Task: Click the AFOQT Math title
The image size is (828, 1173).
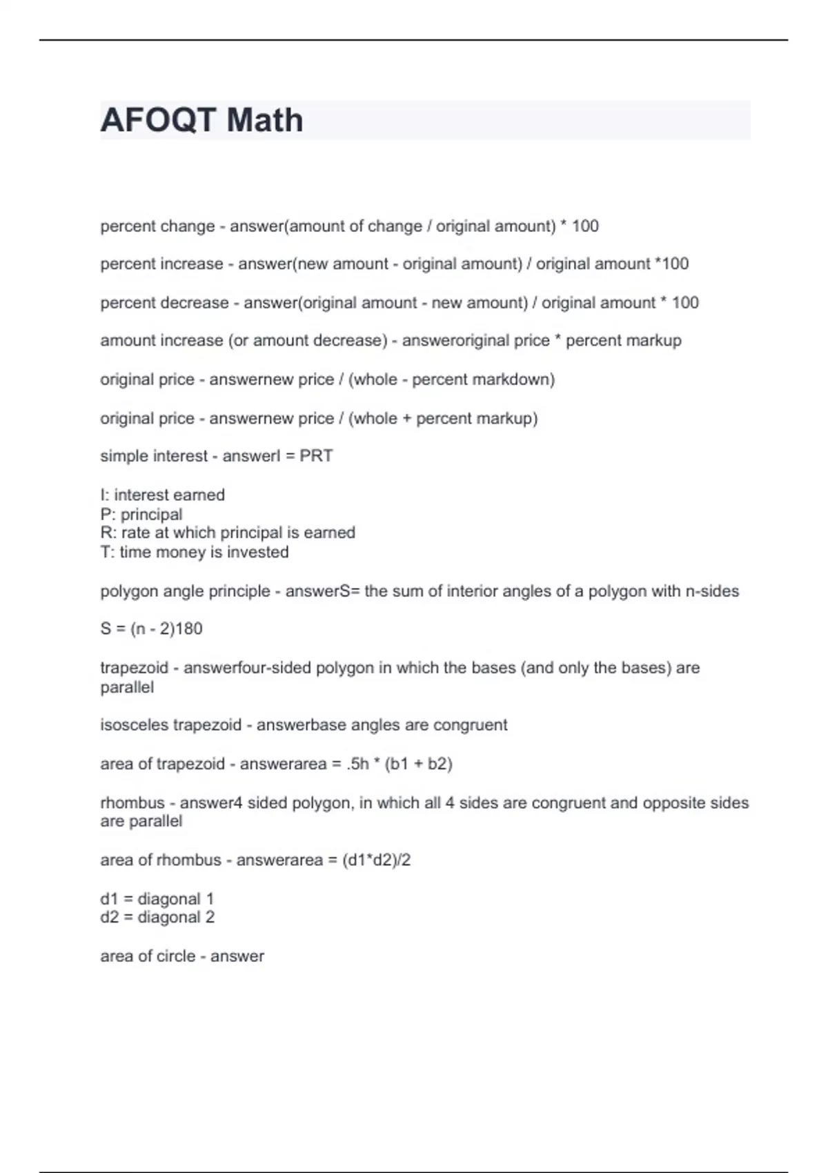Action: coord(201,120)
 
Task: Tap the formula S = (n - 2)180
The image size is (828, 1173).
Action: coord(151,629)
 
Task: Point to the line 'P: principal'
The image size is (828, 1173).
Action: coord(141,514)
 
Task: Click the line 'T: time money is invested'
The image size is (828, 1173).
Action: coord(195,552)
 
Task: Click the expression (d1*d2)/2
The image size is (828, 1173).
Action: coord(376,860)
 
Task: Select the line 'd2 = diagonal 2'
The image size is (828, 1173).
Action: coord(157,917)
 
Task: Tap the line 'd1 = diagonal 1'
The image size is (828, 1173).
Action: coord(157,899)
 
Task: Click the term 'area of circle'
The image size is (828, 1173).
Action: coord(148,956)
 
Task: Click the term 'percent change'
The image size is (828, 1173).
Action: coord(157,226)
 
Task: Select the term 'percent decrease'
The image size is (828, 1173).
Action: coord(164,303)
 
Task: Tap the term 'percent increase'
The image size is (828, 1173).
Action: coord(161,264)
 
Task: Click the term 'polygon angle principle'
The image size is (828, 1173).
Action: coord(185,591)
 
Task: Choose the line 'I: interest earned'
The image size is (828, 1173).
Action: coord(162,495)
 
